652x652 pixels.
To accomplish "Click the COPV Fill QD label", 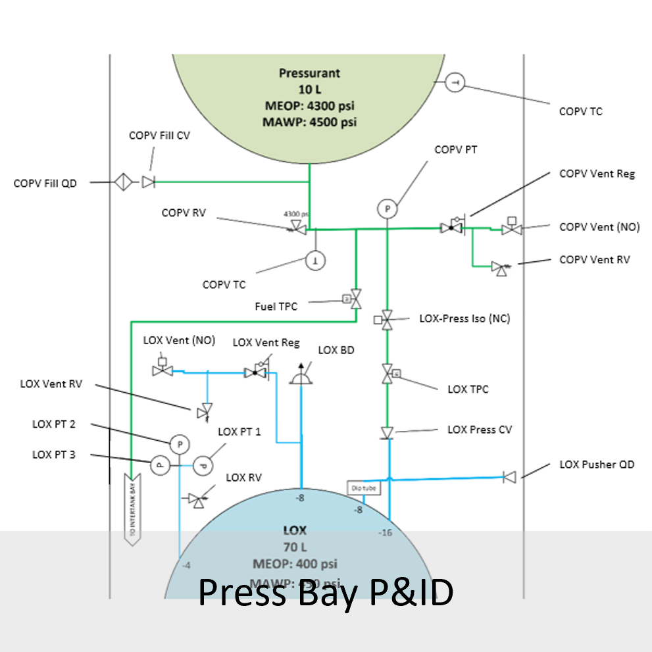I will click(45, 183).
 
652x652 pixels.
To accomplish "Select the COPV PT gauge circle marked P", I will click(388, 209).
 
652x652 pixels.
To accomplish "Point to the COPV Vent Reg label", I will click(597, 174).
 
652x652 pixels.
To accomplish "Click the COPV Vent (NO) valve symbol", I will click(511, 228).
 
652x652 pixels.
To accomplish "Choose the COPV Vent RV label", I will click(594, 259).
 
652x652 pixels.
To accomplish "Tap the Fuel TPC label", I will click(276, 307).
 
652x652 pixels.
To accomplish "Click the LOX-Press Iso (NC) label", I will click(464, 318).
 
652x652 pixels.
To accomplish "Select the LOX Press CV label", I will click(480, 430).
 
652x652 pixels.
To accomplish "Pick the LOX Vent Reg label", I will click(266, 343).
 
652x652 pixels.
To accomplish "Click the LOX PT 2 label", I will click(54, 424).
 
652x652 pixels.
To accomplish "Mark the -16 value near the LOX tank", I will click(386, 532).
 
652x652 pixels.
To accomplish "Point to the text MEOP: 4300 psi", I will click(318, 105).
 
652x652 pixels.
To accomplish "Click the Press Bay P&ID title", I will click(326, 592).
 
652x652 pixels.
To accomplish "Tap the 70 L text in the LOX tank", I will click(295, 547).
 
